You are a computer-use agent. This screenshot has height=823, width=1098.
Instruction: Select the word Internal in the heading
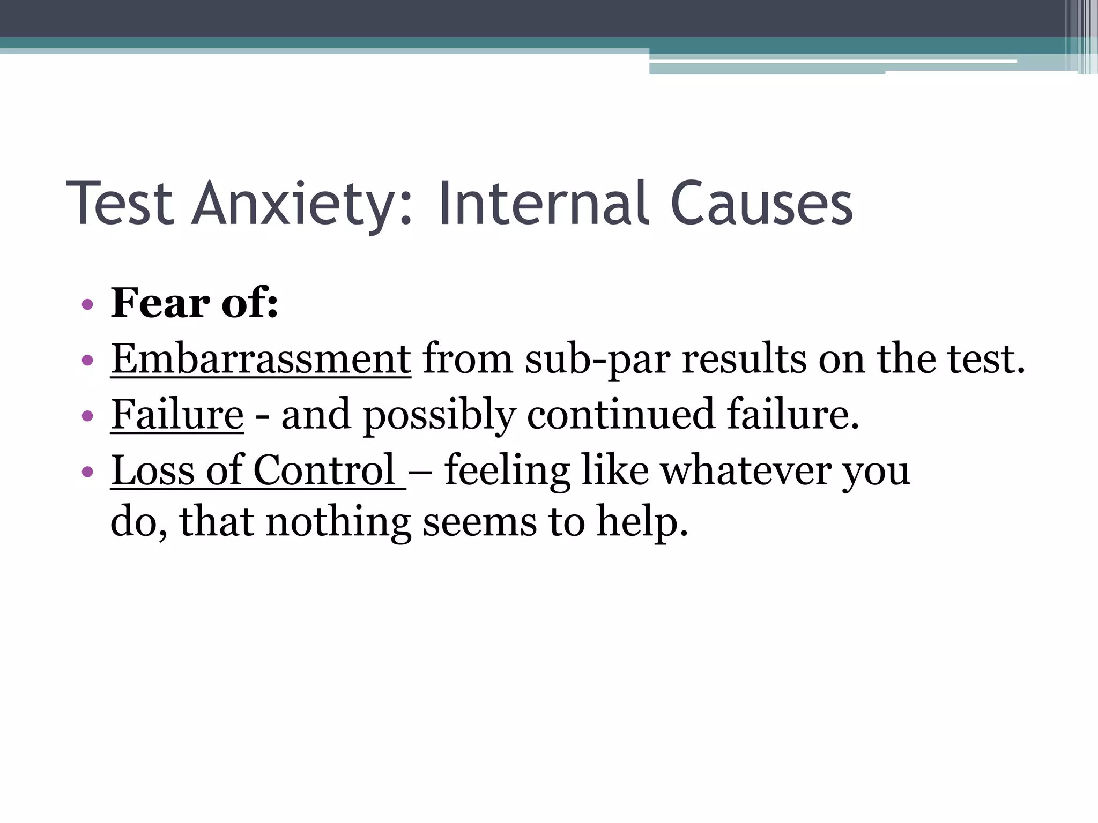[x=544, y=204]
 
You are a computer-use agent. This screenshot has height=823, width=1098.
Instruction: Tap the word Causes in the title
[x=761, y=204]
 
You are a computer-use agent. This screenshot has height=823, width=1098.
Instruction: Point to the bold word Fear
[x=160, y=303]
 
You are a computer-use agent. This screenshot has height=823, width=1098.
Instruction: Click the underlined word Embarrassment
[x=261, y=359]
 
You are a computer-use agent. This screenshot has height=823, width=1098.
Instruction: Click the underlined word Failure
[x=177, y=415]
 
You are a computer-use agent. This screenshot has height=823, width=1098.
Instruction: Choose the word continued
[x=621, y=415]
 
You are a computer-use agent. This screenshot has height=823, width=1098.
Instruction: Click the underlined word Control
[x=324, y=470]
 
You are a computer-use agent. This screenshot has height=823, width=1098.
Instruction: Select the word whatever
[x=746, y=470]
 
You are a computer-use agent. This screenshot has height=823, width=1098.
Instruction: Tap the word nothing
[x=338, y=522]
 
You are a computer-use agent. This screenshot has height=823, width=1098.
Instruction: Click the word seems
[x=479, y=522]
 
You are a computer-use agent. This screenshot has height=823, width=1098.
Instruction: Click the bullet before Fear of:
[x=87, y=305]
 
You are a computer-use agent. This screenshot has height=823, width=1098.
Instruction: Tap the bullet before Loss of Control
[x=87, y=472]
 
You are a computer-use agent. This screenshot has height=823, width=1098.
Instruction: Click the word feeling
[x=507, y=470]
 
